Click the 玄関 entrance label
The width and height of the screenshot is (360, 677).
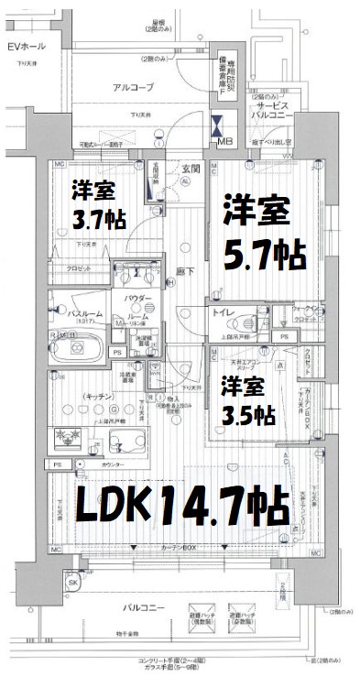click(191, 167)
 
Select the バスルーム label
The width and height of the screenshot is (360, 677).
click(75, 312)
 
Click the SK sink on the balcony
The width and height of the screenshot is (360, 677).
click(72, 584)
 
